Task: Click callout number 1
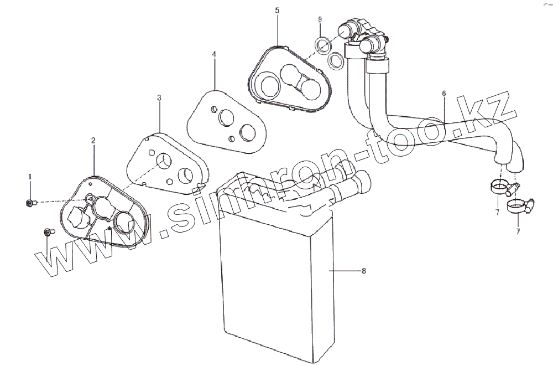(30, 176)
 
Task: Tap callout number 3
(159, 98)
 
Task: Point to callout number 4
(214, 54)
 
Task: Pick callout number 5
(278, 11)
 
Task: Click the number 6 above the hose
(444, 94)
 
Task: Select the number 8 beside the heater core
(363, 271)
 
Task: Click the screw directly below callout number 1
(30, 204)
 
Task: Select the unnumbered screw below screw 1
(47, 232)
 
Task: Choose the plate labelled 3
(166, 163)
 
